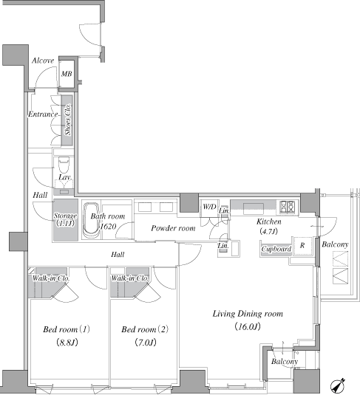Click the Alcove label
point(43,61)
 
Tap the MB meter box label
point(67,74)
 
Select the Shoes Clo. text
point(67,120)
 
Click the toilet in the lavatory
point(64,164)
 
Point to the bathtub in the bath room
point(91,220)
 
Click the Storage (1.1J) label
point(65,219)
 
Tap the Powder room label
point(173,228)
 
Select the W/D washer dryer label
point(209,207)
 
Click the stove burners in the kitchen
point(288,207)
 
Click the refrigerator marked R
point(302,246)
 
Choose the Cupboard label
point(276,249)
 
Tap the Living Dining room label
point(248,314)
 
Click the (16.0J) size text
point(248,327)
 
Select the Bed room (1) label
point(67,329)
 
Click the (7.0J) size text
point(146,343)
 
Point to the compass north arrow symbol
point(338,385)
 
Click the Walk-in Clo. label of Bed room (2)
point(129,278)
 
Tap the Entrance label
point(43,114)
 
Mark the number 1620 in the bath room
point(108,227)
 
